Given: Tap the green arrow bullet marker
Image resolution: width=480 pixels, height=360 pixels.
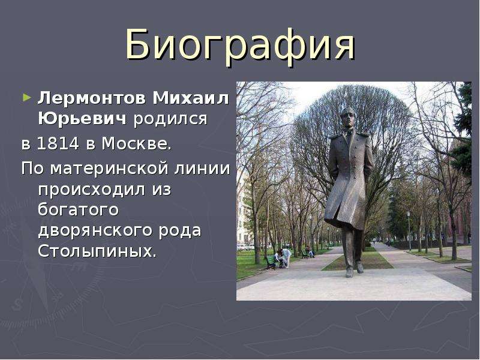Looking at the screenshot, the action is (27, 98).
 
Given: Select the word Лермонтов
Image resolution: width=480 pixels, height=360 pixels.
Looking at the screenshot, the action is (91, 98).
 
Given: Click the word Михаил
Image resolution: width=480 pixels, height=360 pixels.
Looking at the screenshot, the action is (191, 98).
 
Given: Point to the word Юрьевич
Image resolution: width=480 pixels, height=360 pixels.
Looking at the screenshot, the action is (82, 119).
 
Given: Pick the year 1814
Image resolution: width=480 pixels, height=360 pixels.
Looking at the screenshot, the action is (58, 143).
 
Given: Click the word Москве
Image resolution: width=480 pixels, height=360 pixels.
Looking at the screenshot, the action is (137, 143).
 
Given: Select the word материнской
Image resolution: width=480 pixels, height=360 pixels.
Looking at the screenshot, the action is (109, 169).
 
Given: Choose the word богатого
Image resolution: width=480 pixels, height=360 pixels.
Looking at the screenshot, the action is (78, 211).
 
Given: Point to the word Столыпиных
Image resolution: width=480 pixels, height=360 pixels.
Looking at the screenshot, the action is (97, 251).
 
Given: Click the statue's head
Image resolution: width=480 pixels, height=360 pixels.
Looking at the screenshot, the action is (347, 118).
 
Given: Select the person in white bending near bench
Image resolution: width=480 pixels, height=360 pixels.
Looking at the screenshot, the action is (284, 258).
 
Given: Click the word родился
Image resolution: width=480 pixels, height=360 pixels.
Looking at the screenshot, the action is (170, 119).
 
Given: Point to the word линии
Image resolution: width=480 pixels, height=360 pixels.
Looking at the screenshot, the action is (202, 169).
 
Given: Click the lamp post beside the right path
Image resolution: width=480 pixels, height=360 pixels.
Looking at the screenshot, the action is (409, 230).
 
